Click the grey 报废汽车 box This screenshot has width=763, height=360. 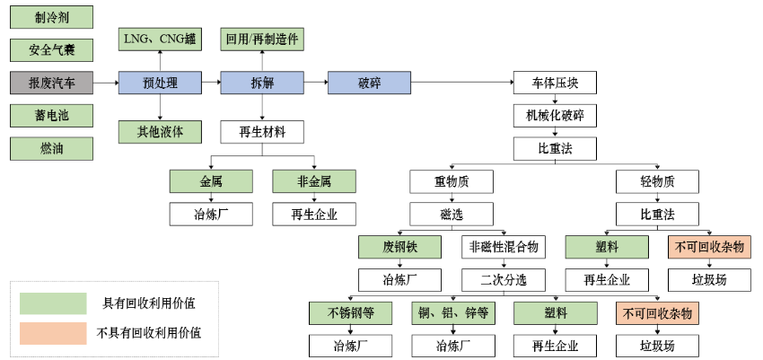(50, 83)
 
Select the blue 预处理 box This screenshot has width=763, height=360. (160, 83)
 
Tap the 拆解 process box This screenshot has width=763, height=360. (261, 83)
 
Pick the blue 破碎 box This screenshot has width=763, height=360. (369, 83)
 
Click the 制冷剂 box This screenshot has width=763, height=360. (50, 17)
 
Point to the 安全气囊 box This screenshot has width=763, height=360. (50, 50)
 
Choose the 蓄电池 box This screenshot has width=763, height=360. (50, 116)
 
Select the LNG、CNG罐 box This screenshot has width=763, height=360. (160, 40)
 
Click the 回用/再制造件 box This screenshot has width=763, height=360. (261, 40)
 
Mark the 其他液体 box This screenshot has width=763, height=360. (160, 132)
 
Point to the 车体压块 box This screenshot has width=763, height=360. (555, 83)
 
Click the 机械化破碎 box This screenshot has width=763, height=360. (555, 116)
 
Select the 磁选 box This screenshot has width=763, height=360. (452, 214)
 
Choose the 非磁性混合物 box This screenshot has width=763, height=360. (504, 246)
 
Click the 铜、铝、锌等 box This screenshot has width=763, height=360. (452, 312)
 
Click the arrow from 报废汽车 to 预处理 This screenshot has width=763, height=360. (105, 83)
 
